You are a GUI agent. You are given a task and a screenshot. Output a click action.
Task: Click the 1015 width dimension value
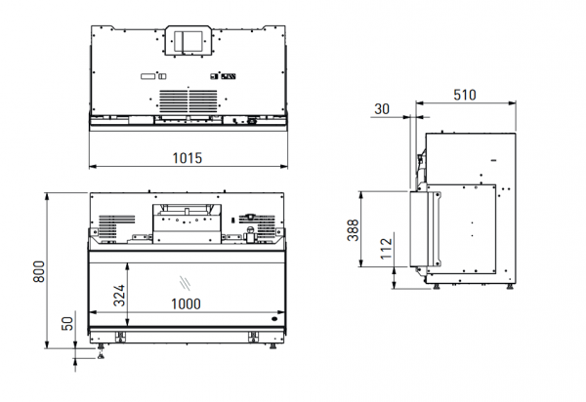[x=188, y=158]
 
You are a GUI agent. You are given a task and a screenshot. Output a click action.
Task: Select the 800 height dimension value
[x=39, y=271]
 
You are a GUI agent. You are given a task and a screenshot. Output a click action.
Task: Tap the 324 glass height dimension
[x=119, y=296]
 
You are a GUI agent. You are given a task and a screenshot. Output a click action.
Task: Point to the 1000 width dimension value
[x=186, y=303]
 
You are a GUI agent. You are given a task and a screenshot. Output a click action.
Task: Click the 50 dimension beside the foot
[x=67, y=323]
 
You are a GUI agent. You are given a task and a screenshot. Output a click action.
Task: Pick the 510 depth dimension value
[x=465, y=95]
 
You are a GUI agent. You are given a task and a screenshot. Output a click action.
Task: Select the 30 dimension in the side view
[x=382, y=109]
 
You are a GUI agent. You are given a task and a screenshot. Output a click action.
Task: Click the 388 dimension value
[x=354, y=230]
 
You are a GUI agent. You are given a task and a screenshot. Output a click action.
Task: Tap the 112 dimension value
[x=387, y=249]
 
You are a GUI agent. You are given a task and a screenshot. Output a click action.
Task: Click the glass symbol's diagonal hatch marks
[x=185, y=283]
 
